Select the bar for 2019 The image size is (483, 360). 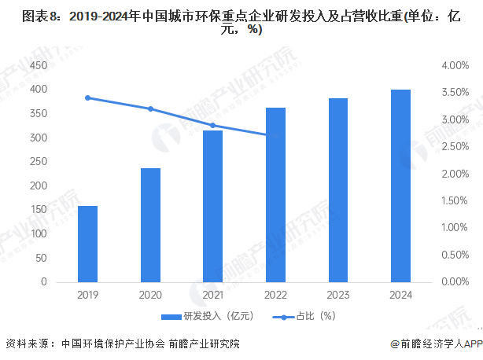pyautogui.click(x=87, y=244)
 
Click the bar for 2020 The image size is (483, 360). pyautogui.click(x=150, y=225)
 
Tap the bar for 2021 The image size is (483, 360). pyautogui.click(x=212, y=206)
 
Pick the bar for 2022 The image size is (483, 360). pyautogui.click(x=275, y=195)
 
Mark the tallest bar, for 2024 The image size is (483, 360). pyautogui.click(x=400, y=186)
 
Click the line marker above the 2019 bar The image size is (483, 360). pyautogui.click(x=87, y=97)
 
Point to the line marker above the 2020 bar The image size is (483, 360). pyautogui.click(x=150, y=108)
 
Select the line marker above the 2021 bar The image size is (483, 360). pyautogui.click(x=212, y=125)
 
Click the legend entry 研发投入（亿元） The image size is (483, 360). pyautogui.click(x=206, y=317)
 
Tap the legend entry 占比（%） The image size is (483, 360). pyautogui.click(x=304, y=317)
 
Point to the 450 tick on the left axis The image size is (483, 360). pyautogui.click(x=39, y=65)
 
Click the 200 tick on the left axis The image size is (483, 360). pyautogui.click(x=39, y=186)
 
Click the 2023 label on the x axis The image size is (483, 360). pyautogui.click(x=338, y=296)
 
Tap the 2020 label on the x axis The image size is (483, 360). pyautogui.click(x=150, y=296)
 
